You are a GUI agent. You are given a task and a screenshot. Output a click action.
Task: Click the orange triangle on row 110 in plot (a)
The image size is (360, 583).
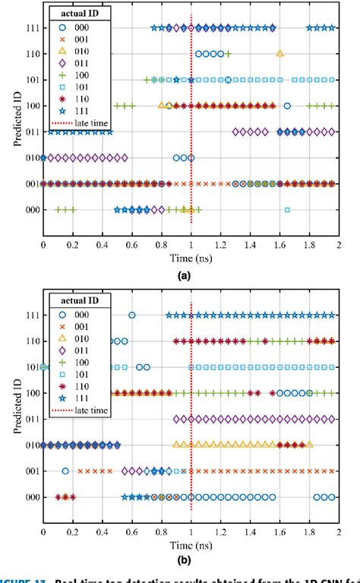pos(280,54)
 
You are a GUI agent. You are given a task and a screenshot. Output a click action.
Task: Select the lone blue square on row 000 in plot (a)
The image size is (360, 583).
pos(287,210)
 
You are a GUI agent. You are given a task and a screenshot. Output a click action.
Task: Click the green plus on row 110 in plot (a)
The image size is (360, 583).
pos(228,54)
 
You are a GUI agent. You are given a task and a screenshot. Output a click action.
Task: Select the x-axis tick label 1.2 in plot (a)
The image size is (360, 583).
pos(220,246)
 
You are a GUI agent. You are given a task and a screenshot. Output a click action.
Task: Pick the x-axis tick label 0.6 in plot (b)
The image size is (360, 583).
pos(131,534)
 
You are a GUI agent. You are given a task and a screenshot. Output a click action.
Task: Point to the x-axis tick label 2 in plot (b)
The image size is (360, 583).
pos(339,534)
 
